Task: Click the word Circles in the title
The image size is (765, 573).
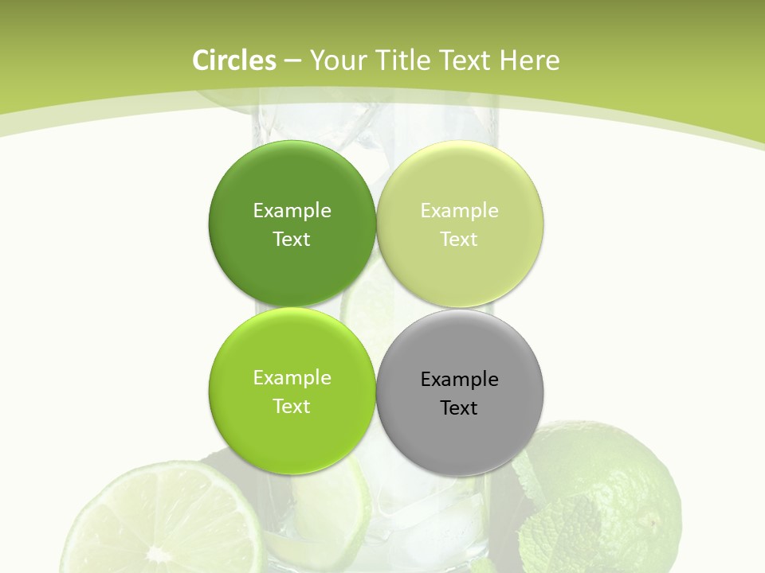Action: pyautogui.click(x=234, y=60)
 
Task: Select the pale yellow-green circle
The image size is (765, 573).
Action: pyautogui.click(x=460, y=271)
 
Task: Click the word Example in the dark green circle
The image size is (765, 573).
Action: pyautogui.click(x=292, y=210)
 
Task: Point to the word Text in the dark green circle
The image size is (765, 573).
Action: pyautogui.click(x=292, y=239)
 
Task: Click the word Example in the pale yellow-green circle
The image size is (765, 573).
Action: pyautogui.click(x=460, y=210)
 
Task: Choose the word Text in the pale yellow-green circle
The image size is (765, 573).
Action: pyautogui.click(x=460, y=239)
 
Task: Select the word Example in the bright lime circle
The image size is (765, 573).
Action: pyautogui.click(x=292, y=377)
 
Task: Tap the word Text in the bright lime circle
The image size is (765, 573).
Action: pyautogui.click(x=292, y=406)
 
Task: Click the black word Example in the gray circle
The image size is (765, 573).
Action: pyautogui.click(x=460, y=379)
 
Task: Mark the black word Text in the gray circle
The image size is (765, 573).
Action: pyautogui.click(x=460, y=407)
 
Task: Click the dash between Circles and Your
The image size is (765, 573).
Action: pyautogui.click(x=292, y=61)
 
